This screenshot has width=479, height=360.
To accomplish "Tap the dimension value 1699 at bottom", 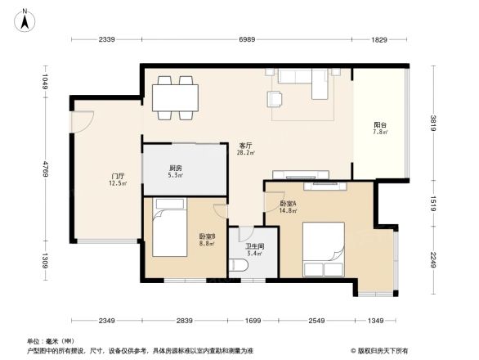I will click(252, 321).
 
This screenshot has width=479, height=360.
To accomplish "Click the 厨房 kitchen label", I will click(175, 171).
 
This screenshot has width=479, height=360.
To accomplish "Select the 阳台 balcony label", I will click(379, 128).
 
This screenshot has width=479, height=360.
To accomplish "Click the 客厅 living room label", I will click(245, 148).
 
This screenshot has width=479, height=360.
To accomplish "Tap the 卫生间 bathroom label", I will click(254, 249).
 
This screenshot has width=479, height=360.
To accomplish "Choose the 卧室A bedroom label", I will click(288, 207).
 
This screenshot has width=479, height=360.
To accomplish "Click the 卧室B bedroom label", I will click(207, 240).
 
